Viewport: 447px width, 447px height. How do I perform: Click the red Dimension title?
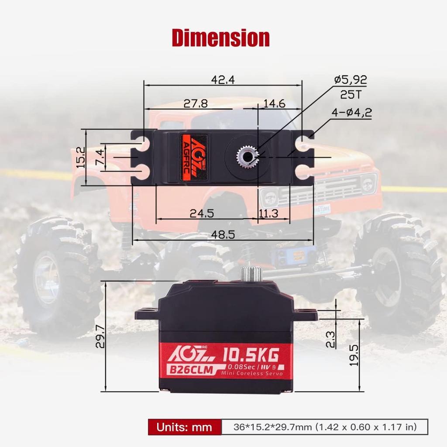[220, 38]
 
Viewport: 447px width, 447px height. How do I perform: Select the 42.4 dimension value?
[223, 79]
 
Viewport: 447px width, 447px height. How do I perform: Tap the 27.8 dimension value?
[195, 103]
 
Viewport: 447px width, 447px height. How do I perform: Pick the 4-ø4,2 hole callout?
[351, 112]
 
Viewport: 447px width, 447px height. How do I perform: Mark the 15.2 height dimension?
[80, 158]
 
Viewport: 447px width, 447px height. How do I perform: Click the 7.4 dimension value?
[100, 158]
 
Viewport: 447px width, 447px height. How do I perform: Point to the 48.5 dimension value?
[223, 234]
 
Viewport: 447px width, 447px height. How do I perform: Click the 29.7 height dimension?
[100, 336]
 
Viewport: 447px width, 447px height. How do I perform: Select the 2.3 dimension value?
[330, 339]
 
